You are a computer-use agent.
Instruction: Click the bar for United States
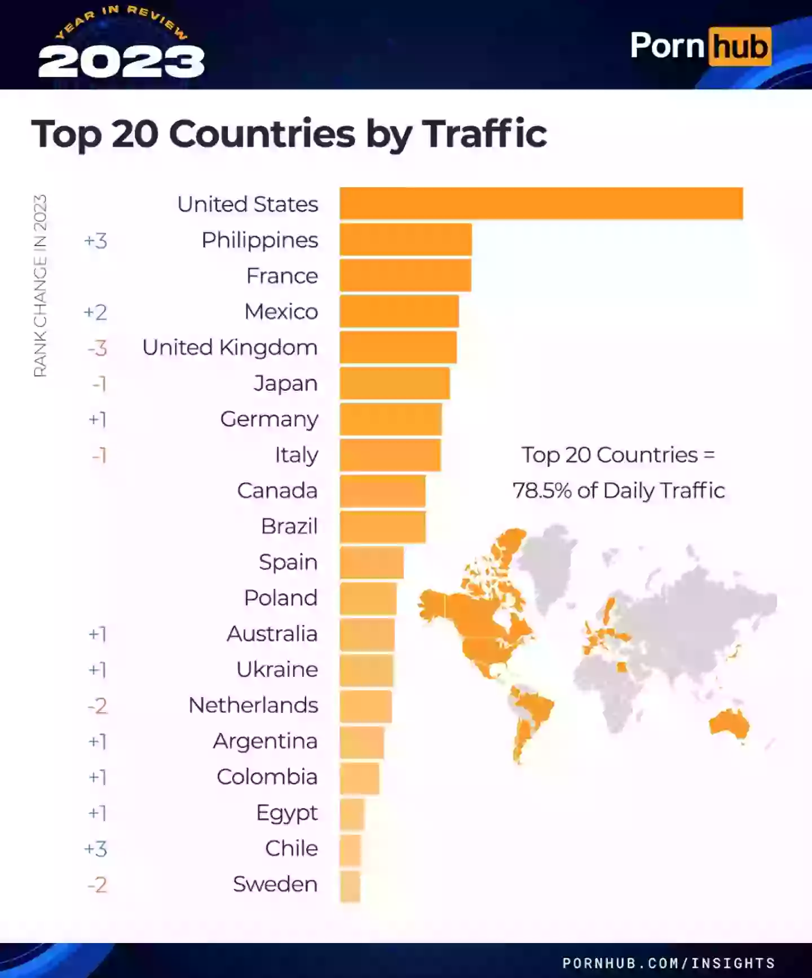[541, 203]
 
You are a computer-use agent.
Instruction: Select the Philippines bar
[405, 240]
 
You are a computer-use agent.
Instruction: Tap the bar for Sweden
[350, 886]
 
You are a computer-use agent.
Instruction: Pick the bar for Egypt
[352, 814]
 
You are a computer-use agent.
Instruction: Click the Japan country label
[285, 384]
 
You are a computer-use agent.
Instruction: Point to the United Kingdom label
[230, 347]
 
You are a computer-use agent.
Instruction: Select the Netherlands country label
[253, 705]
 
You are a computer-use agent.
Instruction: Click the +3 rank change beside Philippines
[95, 241]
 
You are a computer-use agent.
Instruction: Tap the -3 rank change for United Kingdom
[97, 348]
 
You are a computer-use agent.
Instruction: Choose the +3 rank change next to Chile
[95, 849]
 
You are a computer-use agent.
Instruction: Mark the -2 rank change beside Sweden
[97, 884]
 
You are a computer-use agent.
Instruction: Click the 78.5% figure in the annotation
[542, 491]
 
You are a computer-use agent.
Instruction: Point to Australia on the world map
[729, 724]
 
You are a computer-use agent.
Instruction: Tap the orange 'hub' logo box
[739, 46]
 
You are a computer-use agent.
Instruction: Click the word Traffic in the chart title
[485, 134]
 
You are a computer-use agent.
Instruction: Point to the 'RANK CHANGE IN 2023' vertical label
[40, 285]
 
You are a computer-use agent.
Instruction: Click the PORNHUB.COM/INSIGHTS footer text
[669, 962]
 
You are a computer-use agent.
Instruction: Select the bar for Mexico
[399, 311]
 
